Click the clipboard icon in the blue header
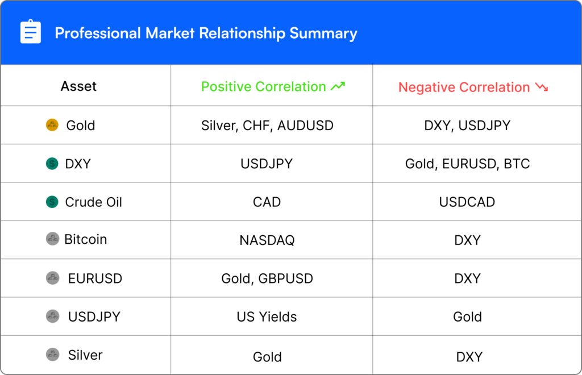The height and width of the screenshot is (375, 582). point(31,31)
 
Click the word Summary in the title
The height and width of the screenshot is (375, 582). point(323,34)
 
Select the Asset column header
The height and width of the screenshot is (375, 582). point(78,86)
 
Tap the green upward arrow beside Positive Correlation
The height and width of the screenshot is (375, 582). point(338,86)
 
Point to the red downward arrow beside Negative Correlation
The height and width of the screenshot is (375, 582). point(542,87)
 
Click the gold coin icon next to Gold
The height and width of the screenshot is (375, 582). point(52,125)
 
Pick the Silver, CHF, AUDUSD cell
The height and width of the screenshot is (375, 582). point(267,126)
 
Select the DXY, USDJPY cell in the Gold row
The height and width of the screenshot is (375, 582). point(467,126)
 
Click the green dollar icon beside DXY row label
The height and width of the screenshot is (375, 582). point(52,163)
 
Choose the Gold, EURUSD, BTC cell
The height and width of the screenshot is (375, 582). point(467,164)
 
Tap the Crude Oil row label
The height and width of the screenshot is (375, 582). point(93,202)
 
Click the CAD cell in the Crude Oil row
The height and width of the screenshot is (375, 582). point(267,202)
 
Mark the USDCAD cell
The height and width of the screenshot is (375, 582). point(467,202)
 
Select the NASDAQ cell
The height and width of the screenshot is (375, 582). point(267,240)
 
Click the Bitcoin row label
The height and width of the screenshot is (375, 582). point(86,240)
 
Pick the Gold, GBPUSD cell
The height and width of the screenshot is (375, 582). point(267,278)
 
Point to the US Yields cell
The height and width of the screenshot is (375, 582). point(267,317)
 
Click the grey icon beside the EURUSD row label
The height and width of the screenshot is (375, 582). point(52,278)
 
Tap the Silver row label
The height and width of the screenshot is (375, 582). point(85,355)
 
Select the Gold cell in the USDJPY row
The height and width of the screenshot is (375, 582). point(467,317)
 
